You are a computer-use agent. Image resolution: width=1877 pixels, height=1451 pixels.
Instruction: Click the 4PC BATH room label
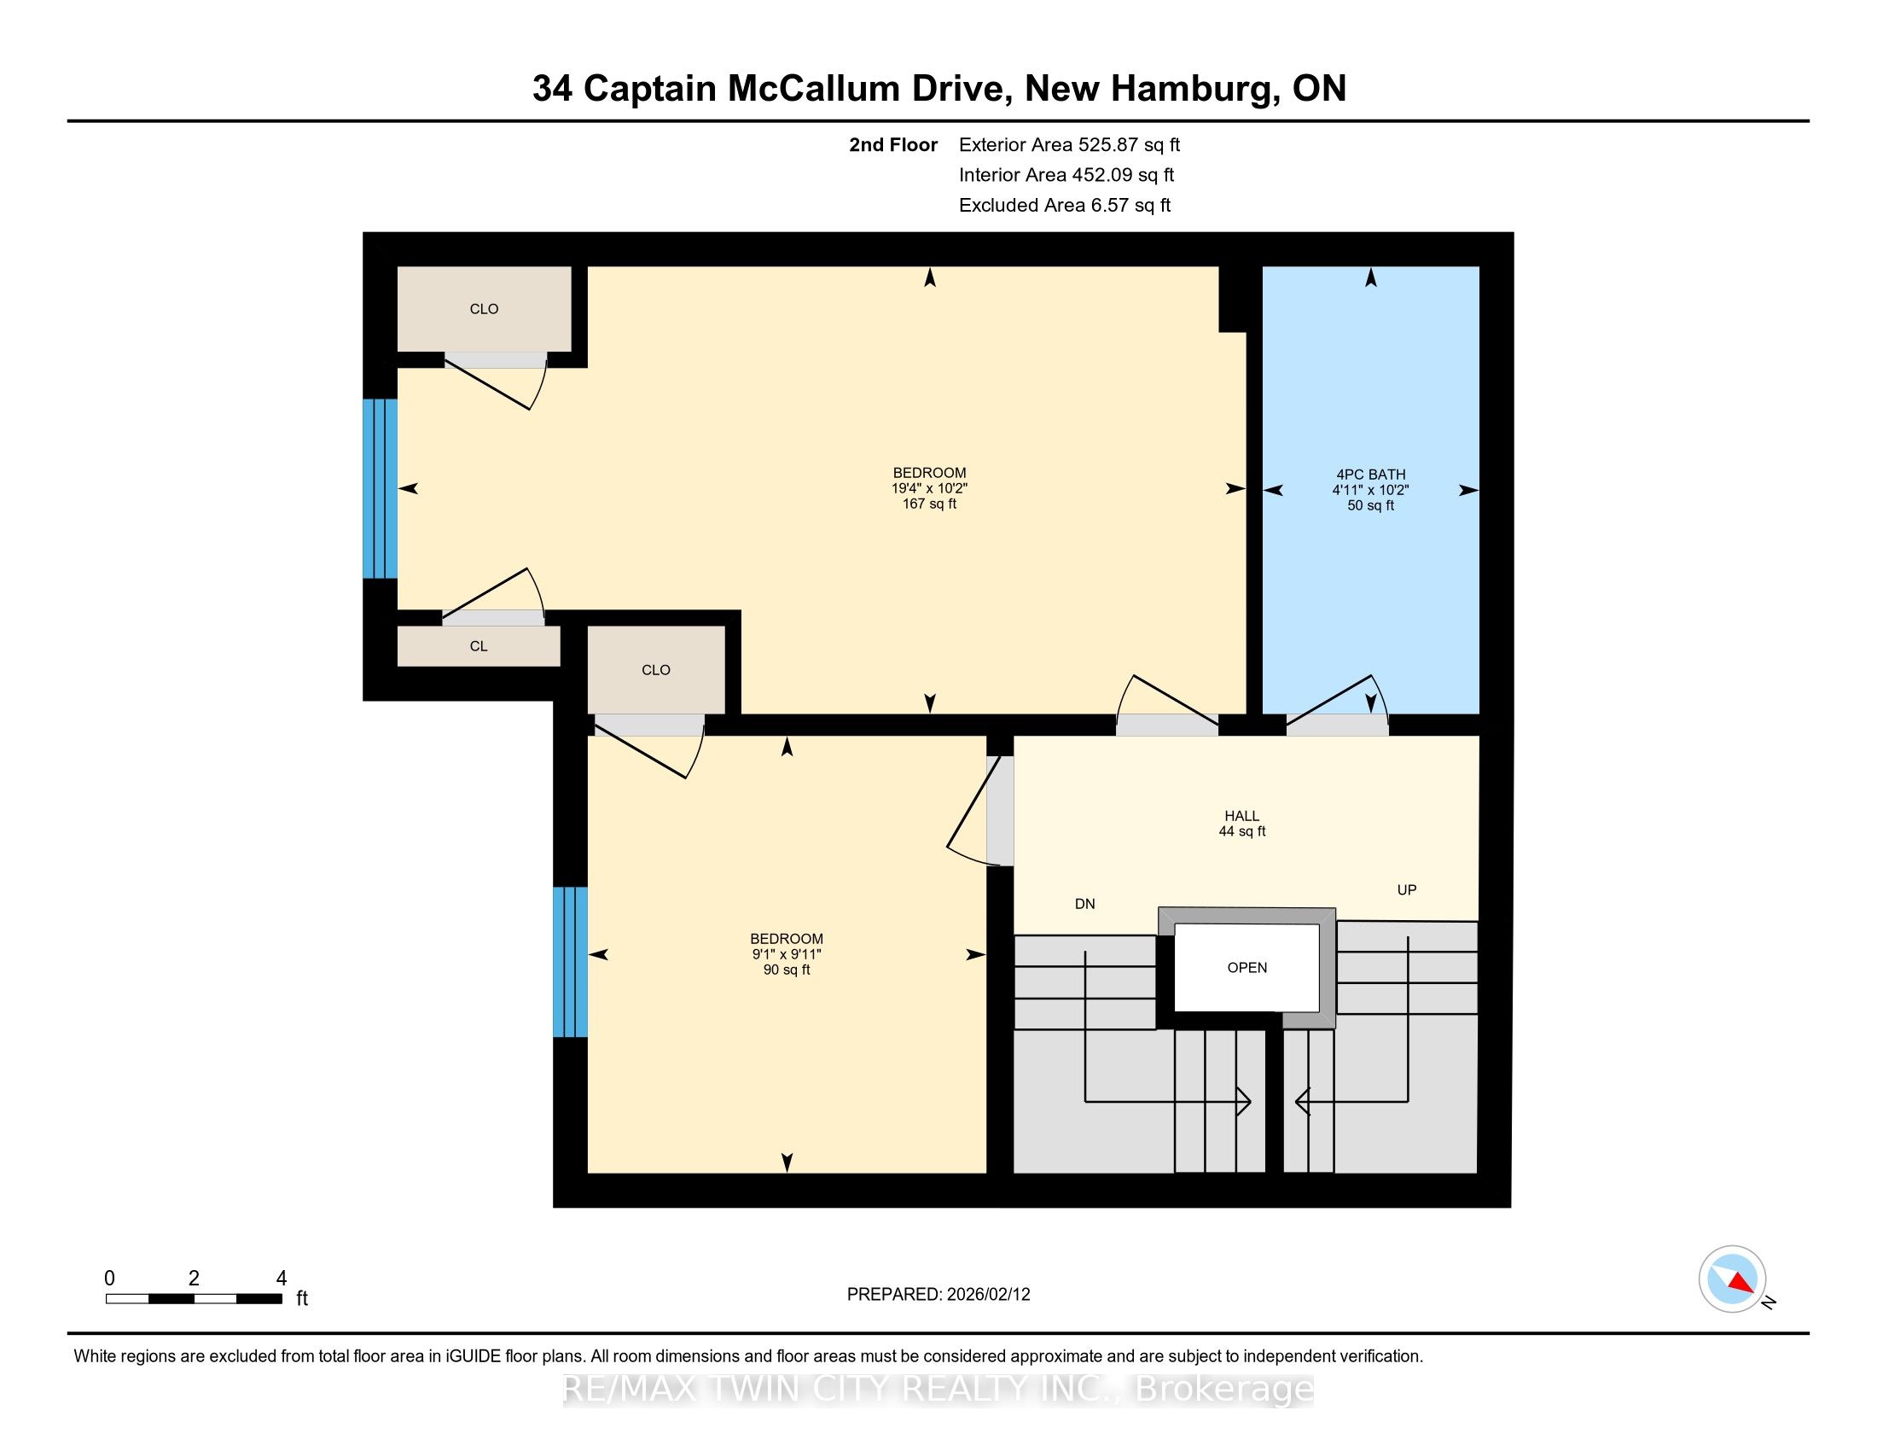click(1371, 475)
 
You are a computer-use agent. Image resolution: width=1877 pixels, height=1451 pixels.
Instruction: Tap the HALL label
click(1242, 816)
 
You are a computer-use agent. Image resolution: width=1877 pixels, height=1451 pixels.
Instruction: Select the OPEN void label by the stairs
click(1247, 968)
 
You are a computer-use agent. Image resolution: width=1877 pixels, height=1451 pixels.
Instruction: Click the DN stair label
click(1084, 903)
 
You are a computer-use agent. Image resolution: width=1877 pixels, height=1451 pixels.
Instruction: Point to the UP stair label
click(1407, 889)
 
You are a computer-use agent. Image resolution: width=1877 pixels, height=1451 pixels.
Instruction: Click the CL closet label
click(479, 646)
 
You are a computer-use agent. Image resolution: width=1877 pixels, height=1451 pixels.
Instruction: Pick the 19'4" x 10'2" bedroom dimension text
click(930, 488)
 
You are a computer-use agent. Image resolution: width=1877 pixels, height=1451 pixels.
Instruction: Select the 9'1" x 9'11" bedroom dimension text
click(787, 954)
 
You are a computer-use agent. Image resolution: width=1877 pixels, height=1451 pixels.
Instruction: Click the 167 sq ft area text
click(930, 504)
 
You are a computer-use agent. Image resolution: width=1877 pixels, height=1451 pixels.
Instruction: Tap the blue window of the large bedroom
click(380, 488)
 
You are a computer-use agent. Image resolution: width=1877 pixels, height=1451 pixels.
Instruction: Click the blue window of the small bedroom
click(570, 962)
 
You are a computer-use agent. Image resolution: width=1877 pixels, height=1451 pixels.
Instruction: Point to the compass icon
click(1733, 1279)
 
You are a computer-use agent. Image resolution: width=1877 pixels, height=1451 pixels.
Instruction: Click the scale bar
click(195, 1299)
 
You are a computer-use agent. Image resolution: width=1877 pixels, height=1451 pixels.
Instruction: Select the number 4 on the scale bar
click(281, 1279)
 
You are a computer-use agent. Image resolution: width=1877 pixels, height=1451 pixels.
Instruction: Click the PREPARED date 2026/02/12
click(987, 1295)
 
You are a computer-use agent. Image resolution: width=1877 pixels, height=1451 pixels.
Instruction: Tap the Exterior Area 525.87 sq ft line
click(1069, 144)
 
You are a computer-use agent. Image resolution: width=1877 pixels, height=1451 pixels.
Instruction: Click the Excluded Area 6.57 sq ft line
click(1065, 205)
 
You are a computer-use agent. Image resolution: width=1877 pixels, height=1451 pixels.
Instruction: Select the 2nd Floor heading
click(893, 144)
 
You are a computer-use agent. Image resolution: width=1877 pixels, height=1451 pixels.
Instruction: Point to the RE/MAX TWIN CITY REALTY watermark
click(938, 1389)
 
